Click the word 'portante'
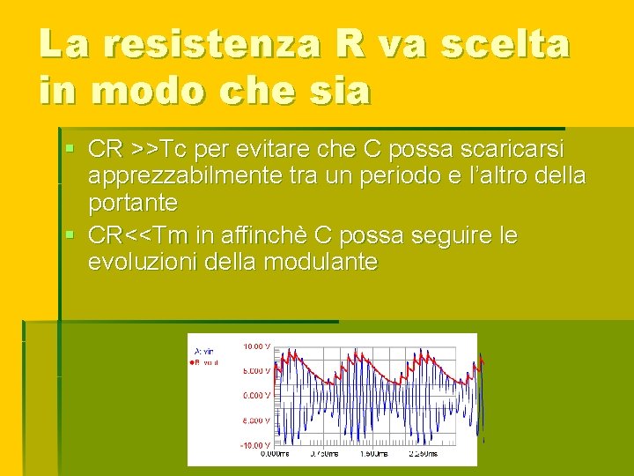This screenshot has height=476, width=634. point(133,204)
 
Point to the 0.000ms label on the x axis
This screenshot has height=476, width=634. point(274,455)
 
